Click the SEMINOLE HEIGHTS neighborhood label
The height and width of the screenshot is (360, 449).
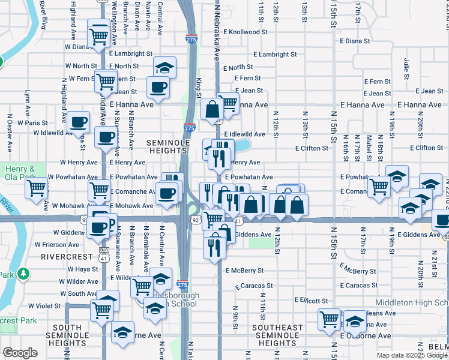tap(168, 147)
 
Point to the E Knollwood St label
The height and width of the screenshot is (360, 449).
tap(246, 32)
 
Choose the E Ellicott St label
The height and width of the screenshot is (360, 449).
tap(311, 300)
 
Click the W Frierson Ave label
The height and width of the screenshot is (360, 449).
tap(58, 245)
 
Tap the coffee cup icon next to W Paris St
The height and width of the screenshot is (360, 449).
tap(78, 122)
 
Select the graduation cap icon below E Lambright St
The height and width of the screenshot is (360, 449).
tap(164, 67)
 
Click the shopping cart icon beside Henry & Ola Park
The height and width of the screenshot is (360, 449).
tap(37, 188)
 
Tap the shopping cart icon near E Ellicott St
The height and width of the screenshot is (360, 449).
tap(329, 319)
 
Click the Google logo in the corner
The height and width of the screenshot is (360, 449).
tap(20, 353)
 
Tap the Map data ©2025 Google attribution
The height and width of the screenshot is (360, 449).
tap(412, 355)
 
